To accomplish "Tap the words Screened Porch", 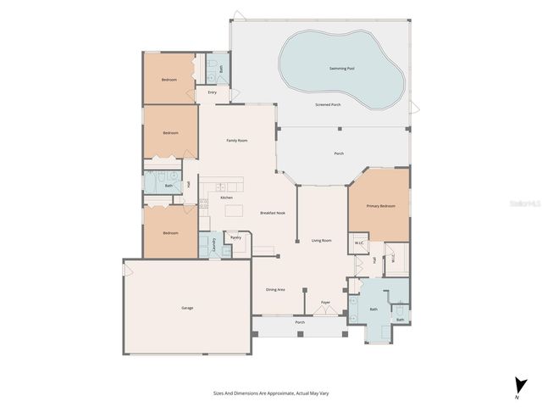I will click(x=329, y=104).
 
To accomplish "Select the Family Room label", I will click(x=236, y=140).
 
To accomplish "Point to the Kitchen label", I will click(x=226, y=198).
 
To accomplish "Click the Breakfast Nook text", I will click(x=272, y=212).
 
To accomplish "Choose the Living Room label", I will click(x=321, y=241).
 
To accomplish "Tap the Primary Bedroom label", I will click(x=380, y=206).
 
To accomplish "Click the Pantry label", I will click(x=236, y=237).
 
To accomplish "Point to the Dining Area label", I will click(x=275, y=289).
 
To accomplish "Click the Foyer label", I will click(x=325, y=303).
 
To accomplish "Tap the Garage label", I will click(x=187, y=307).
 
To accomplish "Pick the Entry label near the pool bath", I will click(x=212, y=92).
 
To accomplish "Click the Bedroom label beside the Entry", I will click(x=169, y=80).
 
